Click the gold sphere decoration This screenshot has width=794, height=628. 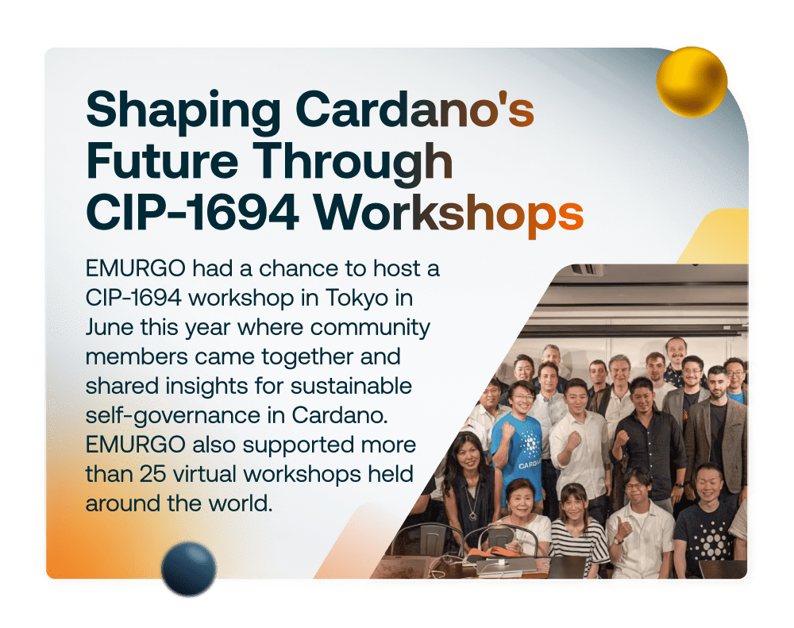[x=692, y=82]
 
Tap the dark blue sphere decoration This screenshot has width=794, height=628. [x=188, y=568]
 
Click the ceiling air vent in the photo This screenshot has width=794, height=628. [x=586, y=270]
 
